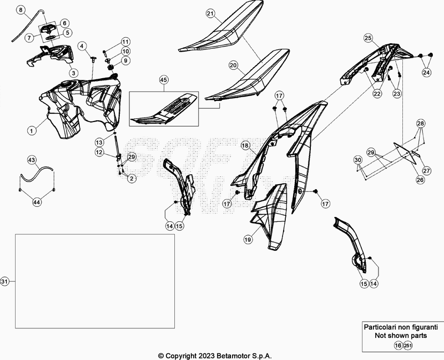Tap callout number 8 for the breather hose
[21, 11]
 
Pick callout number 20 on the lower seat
[234, 65]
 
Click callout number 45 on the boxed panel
[163, 80]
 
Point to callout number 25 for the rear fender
[367, 38]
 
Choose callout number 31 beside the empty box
[5, 282]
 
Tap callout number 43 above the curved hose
[32, 160]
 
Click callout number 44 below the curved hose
[37, 203]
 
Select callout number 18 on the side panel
[245, 145]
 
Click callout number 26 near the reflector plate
[420, 180]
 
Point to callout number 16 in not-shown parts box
[397, 345]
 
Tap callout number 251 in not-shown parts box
[408, 345]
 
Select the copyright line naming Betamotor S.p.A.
[215, 356]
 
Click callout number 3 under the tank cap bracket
[73, 73]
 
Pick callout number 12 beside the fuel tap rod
[98, 152]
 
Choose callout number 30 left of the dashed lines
[358, 160]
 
